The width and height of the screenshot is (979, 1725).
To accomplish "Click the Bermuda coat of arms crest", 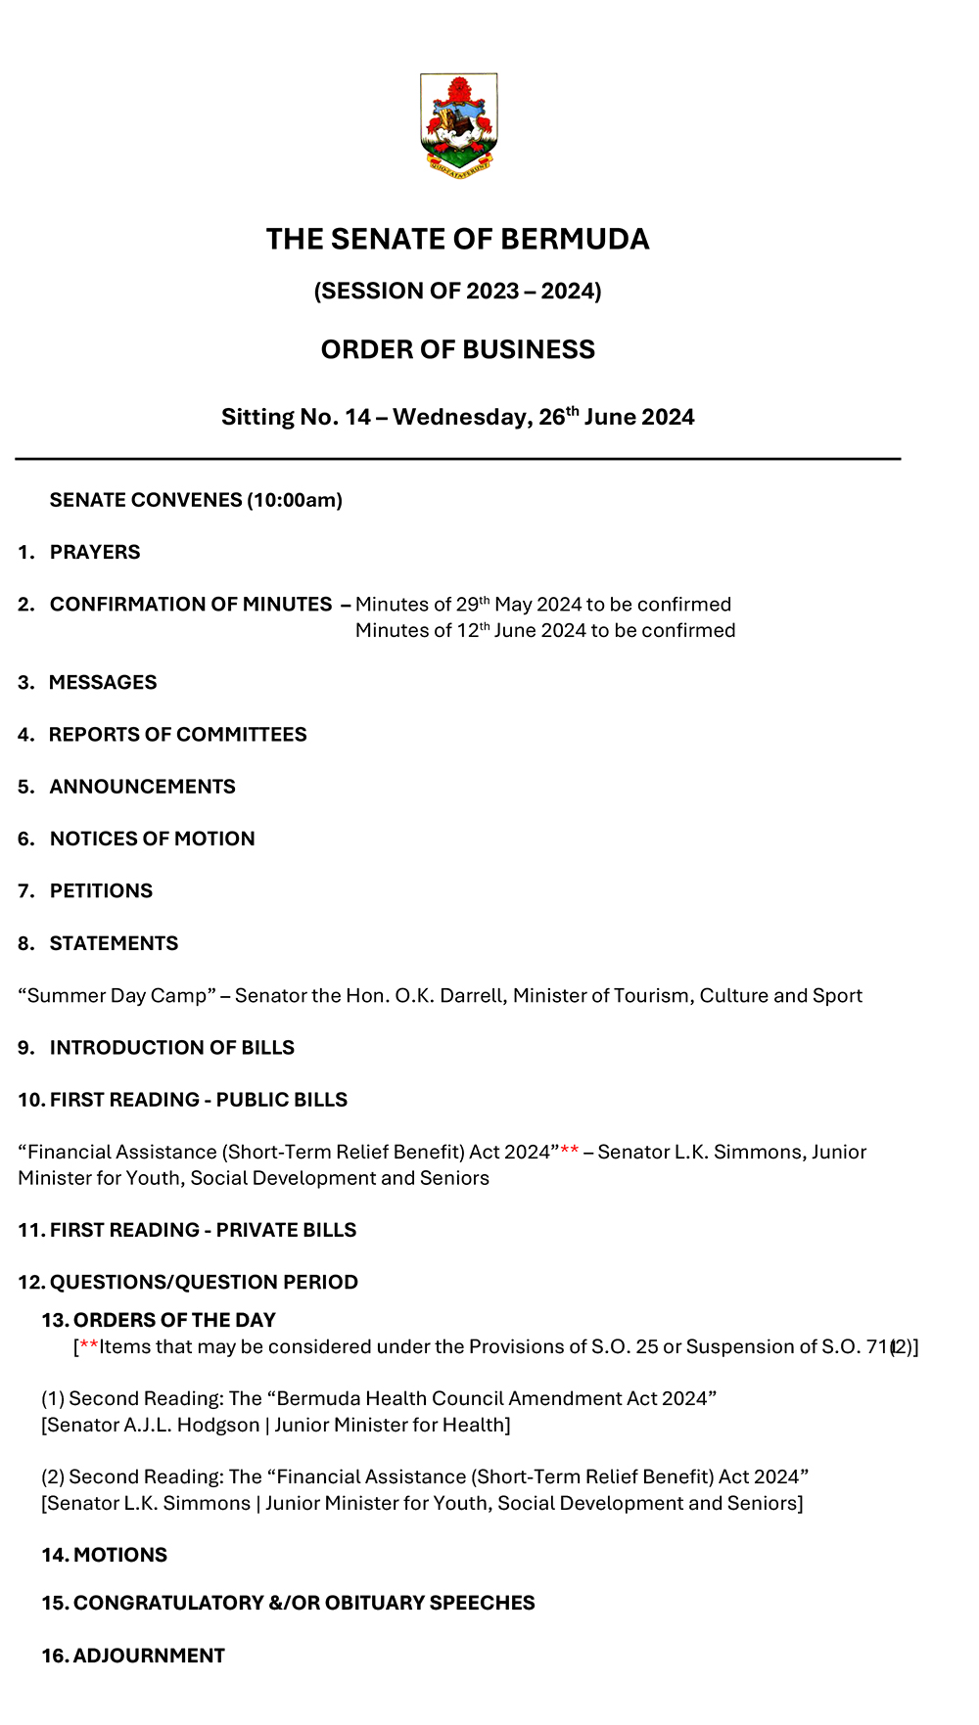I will (458, 124).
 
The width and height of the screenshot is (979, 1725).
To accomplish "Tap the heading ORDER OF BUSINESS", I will (458, 349).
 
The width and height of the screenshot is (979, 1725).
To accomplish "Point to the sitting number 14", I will (357, 418).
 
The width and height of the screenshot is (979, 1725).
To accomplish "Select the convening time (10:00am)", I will (295, 500).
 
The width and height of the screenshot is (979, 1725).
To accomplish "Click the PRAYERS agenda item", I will (95, 552).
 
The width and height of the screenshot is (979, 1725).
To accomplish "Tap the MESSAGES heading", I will (103, 682).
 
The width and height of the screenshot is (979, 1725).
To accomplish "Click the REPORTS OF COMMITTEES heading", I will (178, 735).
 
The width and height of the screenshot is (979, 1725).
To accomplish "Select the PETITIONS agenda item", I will (101, 891).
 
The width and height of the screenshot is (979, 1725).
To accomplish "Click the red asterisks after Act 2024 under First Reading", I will (570, 1151).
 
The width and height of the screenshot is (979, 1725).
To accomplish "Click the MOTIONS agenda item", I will (120, 1556).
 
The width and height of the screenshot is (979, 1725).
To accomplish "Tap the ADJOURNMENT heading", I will (149, 1656).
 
